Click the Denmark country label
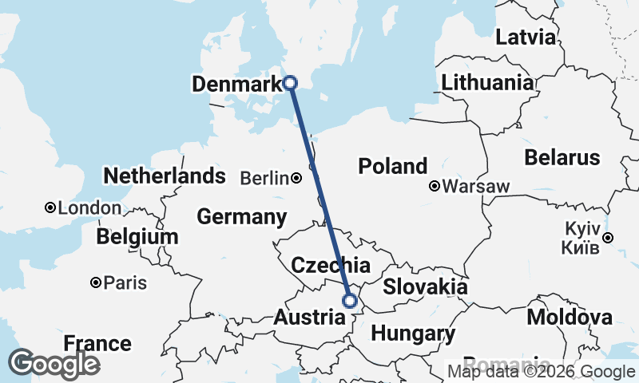pos(235,83)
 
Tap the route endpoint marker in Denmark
pos(291,82)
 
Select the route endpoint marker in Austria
pos(349,301)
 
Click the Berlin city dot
pos(296,178)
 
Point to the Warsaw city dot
pos(435,187)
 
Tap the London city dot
pos(50,207)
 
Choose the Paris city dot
pos(96,282)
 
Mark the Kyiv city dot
pos(608,237)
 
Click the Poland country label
pos(392,167)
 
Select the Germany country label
pos(241,216)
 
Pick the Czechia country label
pos(330,266)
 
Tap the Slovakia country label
pos(425,287)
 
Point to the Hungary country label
pos(413,333)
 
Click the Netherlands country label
pos(165,176)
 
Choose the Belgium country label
pos(137,237)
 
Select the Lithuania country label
pos(486,82)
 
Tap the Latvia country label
pos(525,37)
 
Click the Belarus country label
pos(562,156)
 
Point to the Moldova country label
pos(570,318)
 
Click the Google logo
pos(54,364)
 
